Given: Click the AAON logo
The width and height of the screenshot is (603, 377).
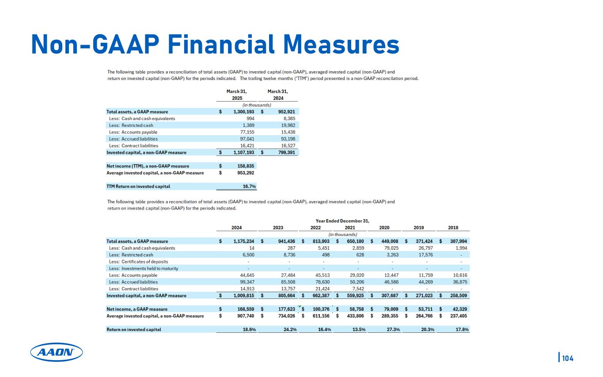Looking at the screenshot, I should tap(56, 352).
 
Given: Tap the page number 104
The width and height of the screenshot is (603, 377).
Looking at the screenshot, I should tap(568, 358).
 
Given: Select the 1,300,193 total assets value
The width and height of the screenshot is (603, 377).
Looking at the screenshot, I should tap(243, 112).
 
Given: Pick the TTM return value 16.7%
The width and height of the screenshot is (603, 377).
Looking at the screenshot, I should tap(250, 186).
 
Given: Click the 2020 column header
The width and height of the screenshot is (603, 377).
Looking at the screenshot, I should tap(385, 228).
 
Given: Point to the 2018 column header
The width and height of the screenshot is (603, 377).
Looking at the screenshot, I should tap(453, 228).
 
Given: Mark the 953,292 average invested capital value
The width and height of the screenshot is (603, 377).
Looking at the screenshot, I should tap(245, 172).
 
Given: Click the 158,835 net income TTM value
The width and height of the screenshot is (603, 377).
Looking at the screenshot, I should tap(245, 166).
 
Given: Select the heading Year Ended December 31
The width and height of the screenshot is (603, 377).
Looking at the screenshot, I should tap(343, 221).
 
